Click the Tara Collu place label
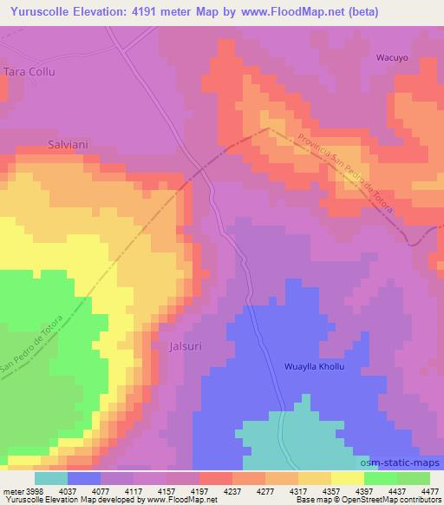click(x=29, y=72)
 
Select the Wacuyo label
click(x=392, y=58)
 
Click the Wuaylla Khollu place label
click(x=315, y=367)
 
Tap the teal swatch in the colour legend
click(x=50, y=477)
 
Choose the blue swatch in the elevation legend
click(x=84, y=477)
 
